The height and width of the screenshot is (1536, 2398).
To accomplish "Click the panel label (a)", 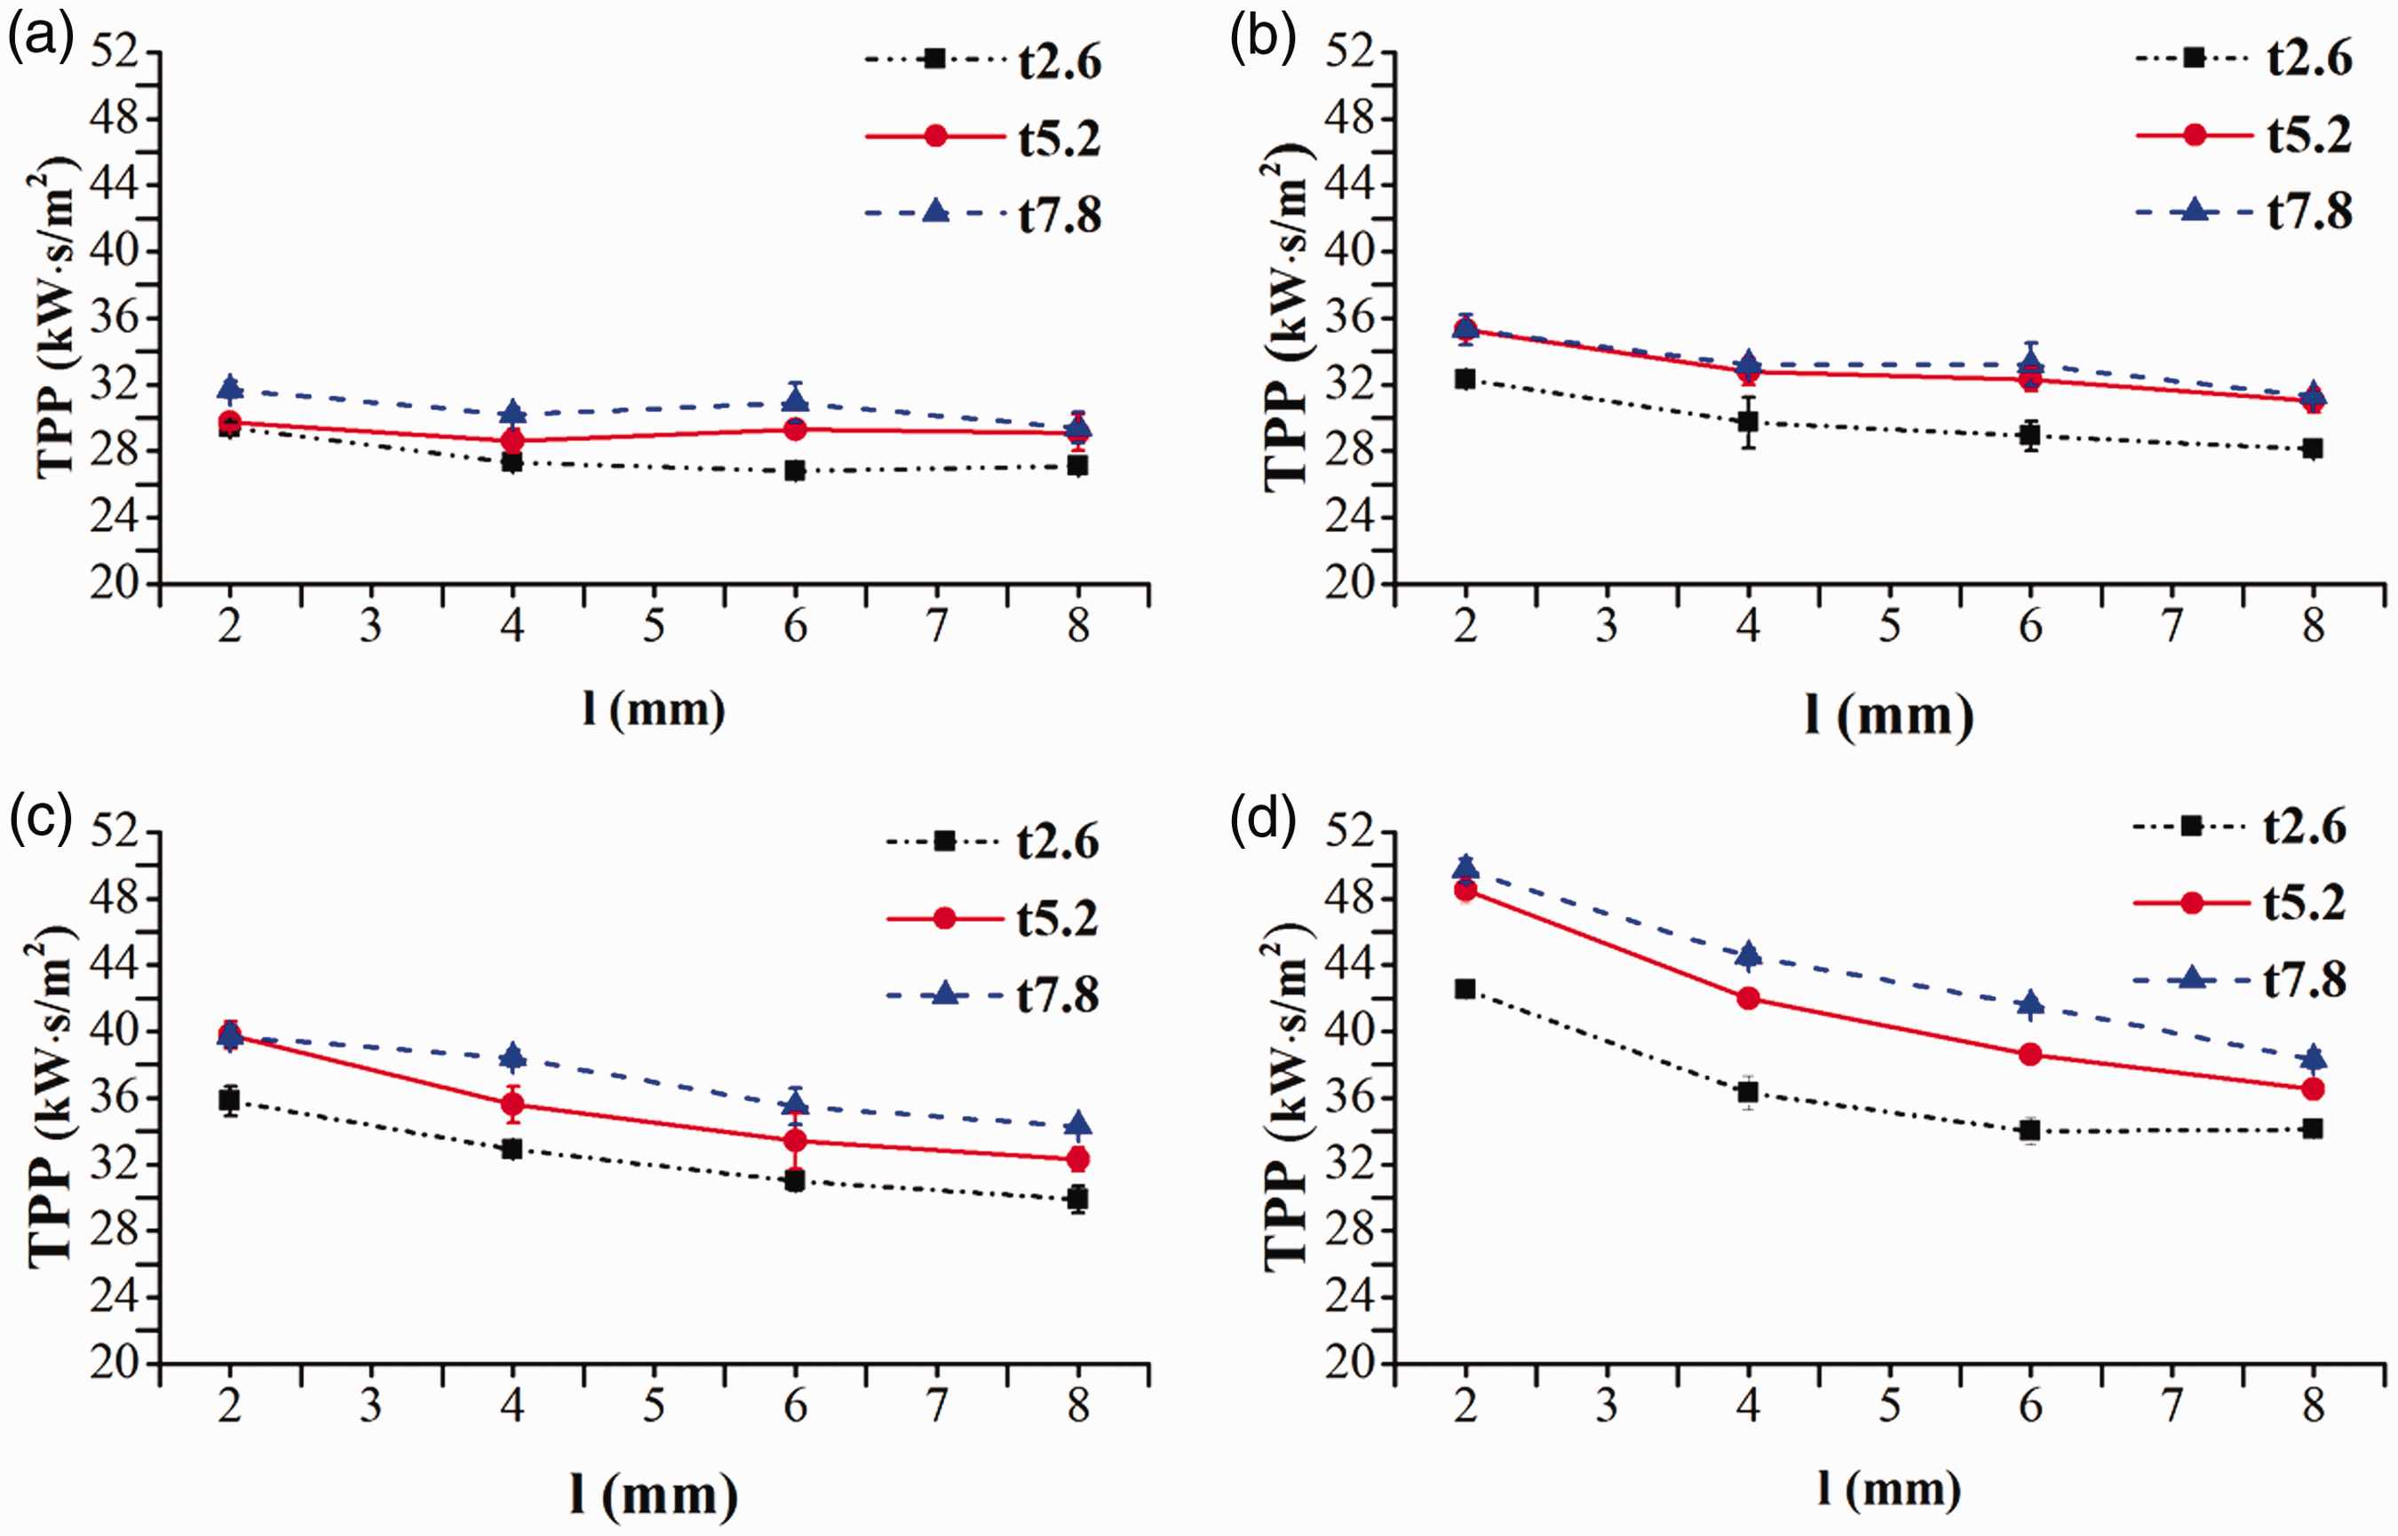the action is [x=41, y=42].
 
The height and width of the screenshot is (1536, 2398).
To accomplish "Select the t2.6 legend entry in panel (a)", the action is [x=982, y=61].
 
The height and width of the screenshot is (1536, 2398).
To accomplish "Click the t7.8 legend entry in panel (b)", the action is [x=2244, y=211].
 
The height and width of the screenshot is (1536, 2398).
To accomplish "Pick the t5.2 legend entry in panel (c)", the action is [x=993, y=919].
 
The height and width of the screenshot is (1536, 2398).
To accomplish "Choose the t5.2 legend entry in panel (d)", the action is [x=2239, y=904].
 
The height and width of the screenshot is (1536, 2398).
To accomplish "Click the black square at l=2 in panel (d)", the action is [x=1465, y=988].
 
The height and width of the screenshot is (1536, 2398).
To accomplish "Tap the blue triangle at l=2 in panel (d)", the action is [x=1465, y=867].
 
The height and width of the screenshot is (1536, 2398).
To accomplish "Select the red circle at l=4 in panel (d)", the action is [x=1748, y=998].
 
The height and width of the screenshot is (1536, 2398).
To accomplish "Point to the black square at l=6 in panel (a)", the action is [x=795, y=470].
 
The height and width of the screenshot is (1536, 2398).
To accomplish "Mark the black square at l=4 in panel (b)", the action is [x=1748, y=421].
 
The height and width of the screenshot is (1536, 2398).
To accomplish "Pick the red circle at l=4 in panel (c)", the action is [x=512, y=1104].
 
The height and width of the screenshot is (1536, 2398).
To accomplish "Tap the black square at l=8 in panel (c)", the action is [x=1077, y=1198].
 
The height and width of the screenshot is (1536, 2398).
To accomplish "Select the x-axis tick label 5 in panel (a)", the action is [x=654, y=626].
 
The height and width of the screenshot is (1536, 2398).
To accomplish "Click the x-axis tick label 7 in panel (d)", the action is [x=2172, y=1406].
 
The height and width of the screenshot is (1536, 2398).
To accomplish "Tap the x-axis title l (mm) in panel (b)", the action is [x=1888, y=717].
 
